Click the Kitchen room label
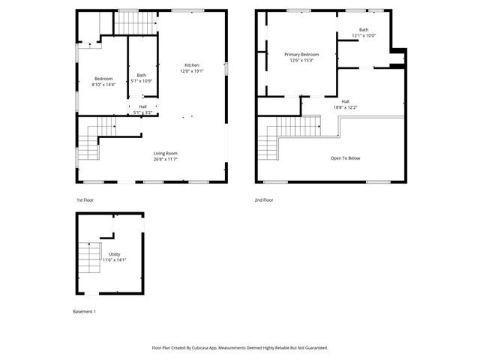coord(191,65)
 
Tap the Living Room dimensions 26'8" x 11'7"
coord(166,159)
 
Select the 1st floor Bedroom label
coord(103,79)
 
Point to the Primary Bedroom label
coord(301,55)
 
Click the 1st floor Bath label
coord(142,75)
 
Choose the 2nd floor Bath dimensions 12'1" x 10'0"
coord(364,35)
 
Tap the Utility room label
coord(114,254)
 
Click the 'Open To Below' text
coord(346,158)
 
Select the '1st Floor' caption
coord(85,200)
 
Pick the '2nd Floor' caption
coord(263,200)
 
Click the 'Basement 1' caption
coord(84,311)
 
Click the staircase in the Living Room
coord(90,142)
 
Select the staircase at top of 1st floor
coord(135,22)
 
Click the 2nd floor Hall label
coord(345,101)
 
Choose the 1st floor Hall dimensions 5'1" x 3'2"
coord(142,112)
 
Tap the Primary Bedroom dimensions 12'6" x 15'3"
coord(301,61)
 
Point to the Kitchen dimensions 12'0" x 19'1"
coord(191,71)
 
